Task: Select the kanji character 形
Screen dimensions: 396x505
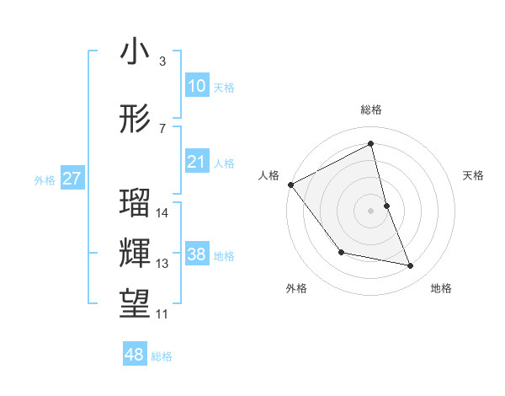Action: pos(135,120)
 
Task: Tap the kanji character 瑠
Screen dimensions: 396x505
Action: pos(135,203)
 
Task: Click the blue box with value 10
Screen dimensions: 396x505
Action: pos(197,86)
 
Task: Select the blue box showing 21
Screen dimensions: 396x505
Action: pos(197,163)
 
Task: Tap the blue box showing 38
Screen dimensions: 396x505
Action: pos(197,255)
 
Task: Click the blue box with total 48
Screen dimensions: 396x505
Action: pos(135,355)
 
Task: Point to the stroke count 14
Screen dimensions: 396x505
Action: pos(163,213)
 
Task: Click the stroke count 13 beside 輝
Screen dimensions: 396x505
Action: pos(163,264)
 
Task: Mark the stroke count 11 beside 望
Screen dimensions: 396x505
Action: pos(163,314)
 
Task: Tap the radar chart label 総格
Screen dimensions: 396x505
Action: pos(371,110)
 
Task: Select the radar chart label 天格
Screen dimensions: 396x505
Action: pos(474,175)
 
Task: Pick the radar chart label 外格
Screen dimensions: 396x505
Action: pos(296,288)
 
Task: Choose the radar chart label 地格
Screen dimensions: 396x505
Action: pos(441,288)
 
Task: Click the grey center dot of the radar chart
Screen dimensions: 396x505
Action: pos(371,210)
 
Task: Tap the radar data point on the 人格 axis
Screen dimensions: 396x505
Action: pos(291,185)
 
